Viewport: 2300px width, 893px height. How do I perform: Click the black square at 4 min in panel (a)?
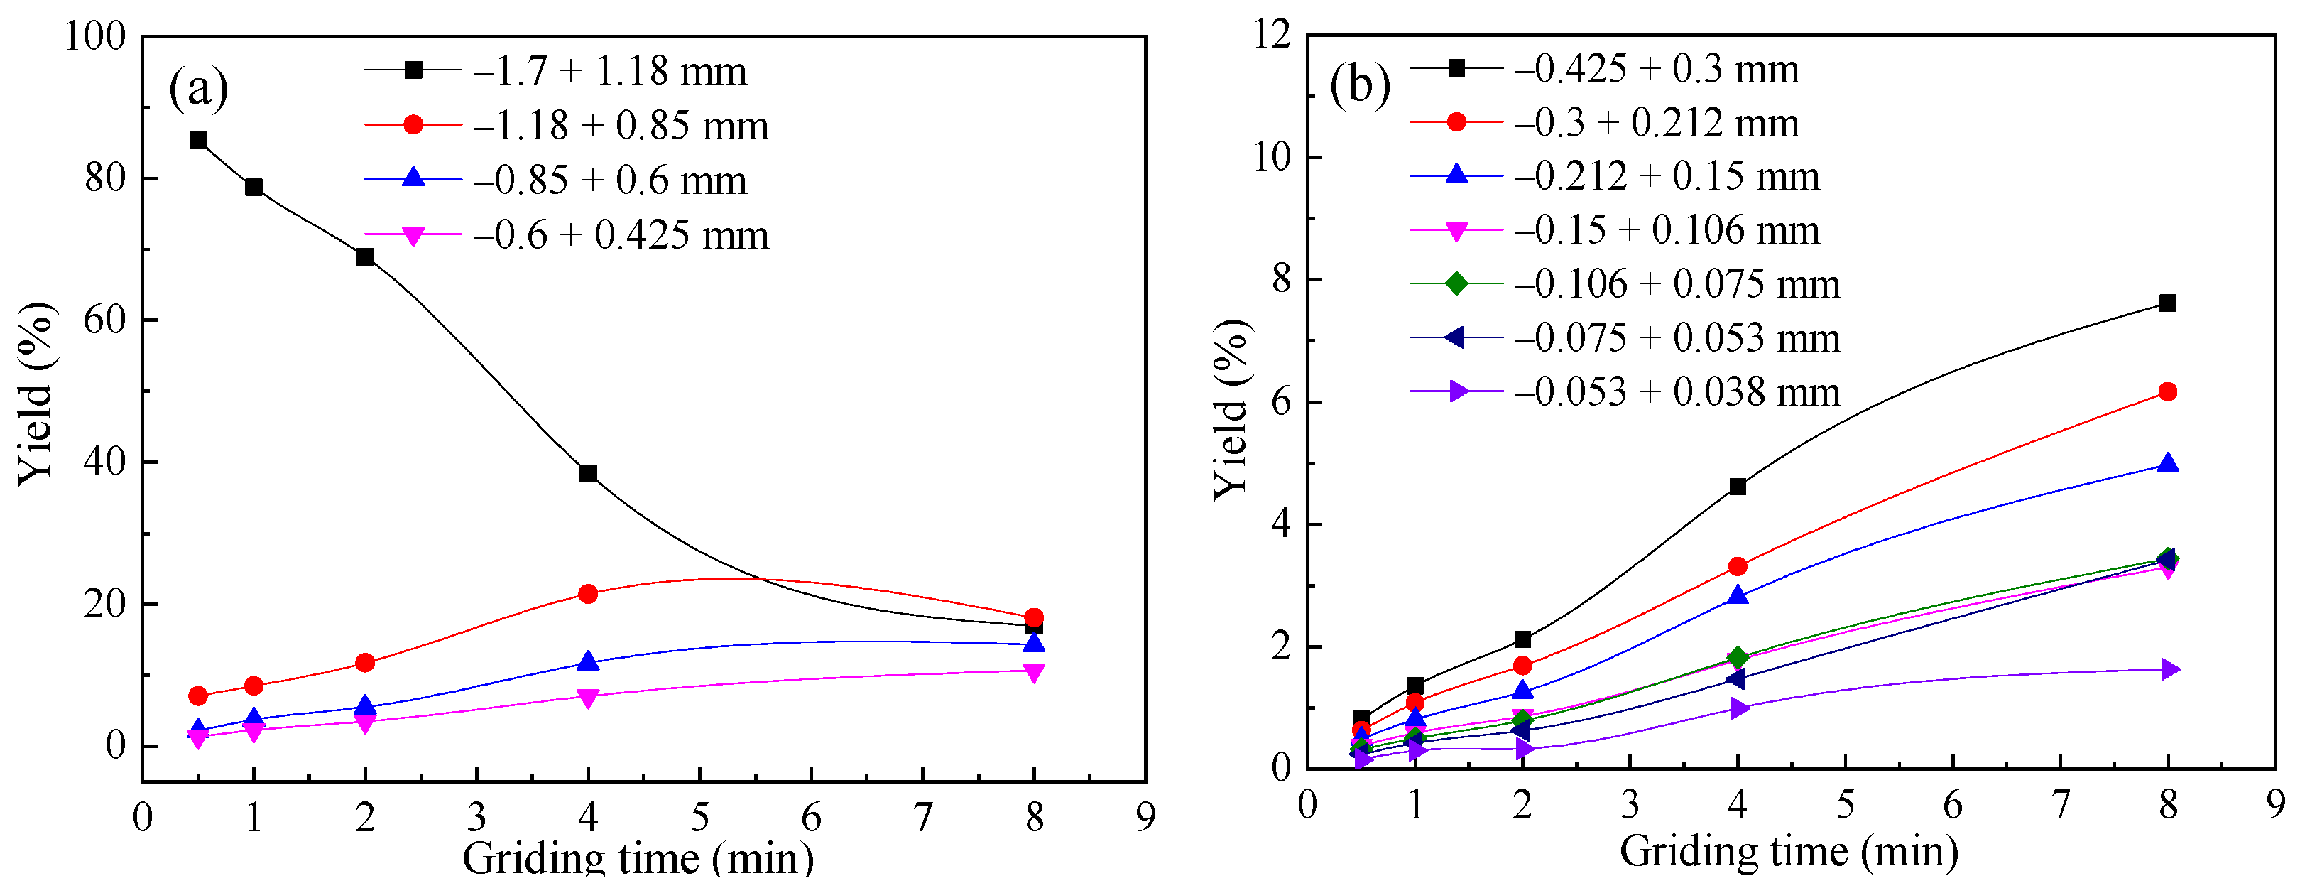tap(587, 473)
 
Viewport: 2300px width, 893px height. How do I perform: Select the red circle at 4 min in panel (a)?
tap(587, 594)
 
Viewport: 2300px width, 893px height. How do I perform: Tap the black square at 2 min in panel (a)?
tap(365, 257)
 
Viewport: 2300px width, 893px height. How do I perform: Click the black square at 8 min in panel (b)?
tap(2167, 303)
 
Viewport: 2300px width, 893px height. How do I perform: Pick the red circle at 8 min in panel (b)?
tap(2167, 392)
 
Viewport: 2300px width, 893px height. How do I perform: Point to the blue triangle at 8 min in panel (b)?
tap(2167, 463)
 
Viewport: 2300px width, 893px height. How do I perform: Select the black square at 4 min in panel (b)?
tap(1738, 487)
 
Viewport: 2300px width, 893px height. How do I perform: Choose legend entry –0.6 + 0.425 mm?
tap(621, 236)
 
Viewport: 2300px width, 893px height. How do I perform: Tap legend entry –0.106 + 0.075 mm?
tap(1677, 285)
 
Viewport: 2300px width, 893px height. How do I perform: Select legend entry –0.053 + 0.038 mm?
tap(1677, 392)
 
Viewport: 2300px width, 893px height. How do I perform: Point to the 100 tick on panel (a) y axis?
tap(96, 37)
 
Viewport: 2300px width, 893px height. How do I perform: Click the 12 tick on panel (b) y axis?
tap(1272, 35)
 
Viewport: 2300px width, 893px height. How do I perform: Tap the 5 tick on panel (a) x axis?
tap(699, 816)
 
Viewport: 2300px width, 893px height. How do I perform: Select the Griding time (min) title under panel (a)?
tap(638, 859)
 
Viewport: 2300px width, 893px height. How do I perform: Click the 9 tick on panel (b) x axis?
tap(2275, 806)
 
